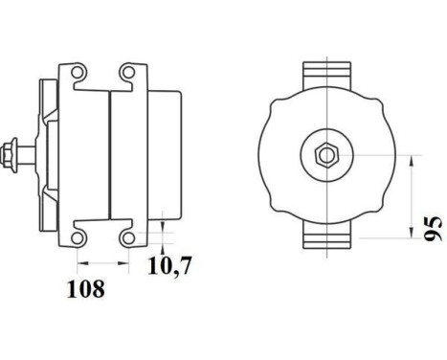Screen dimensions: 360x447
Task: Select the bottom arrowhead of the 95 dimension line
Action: [411, 238]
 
